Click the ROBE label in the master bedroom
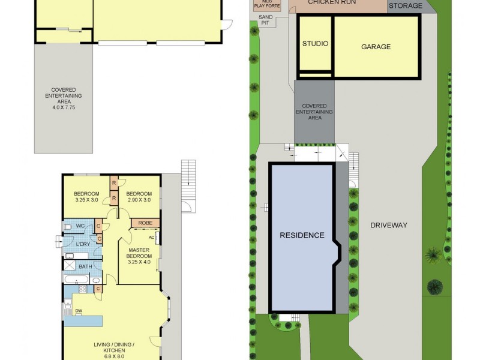coord(145,223)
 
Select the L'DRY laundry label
coord(83,244)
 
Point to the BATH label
coord(85,267)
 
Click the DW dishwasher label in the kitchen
coord(78,310)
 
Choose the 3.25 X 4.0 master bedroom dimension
coord(140,262)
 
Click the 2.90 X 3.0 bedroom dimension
coord(139,200)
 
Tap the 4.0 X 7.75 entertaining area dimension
coord(63,101)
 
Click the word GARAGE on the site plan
coord(376,47)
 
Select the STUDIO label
coord(315,44)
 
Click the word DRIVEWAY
coord(388,225)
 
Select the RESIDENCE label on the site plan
coord(302,235)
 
